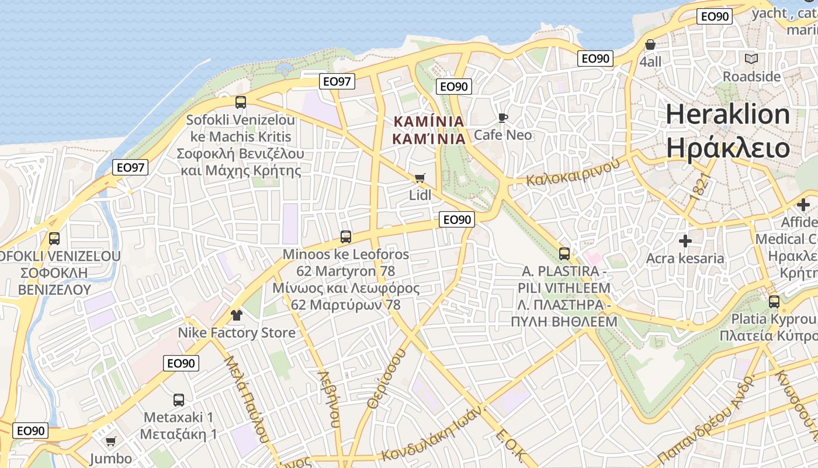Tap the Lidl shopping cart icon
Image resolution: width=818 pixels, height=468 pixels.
click(420, 178)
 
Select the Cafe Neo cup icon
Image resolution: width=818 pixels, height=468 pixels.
click(502, 118)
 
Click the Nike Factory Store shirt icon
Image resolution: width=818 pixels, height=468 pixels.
click(237, 315)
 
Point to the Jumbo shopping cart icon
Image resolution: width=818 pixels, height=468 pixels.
click(110, 441)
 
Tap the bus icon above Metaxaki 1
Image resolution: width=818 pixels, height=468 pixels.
click(179, 400)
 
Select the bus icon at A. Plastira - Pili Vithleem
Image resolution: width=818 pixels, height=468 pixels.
click(564, 254)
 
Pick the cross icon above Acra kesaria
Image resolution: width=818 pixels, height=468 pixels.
click(685, 240)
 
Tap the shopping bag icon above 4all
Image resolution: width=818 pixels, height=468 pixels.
click(650, 44)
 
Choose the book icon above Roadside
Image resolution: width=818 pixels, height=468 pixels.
click(751, 58)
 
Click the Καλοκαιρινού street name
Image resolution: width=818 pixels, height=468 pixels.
click(573, 172)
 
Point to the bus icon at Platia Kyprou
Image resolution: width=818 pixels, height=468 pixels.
click(774, 302)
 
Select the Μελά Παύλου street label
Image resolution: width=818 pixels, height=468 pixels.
click(246, 397)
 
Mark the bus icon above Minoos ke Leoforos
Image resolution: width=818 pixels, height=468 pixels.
click(346, 237)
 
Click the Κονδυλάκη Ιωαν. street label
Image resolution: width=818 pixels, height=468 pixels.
click(434, 433)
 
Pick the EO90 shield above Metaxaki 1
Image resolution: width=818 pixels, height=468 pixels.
click(181, 363)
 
